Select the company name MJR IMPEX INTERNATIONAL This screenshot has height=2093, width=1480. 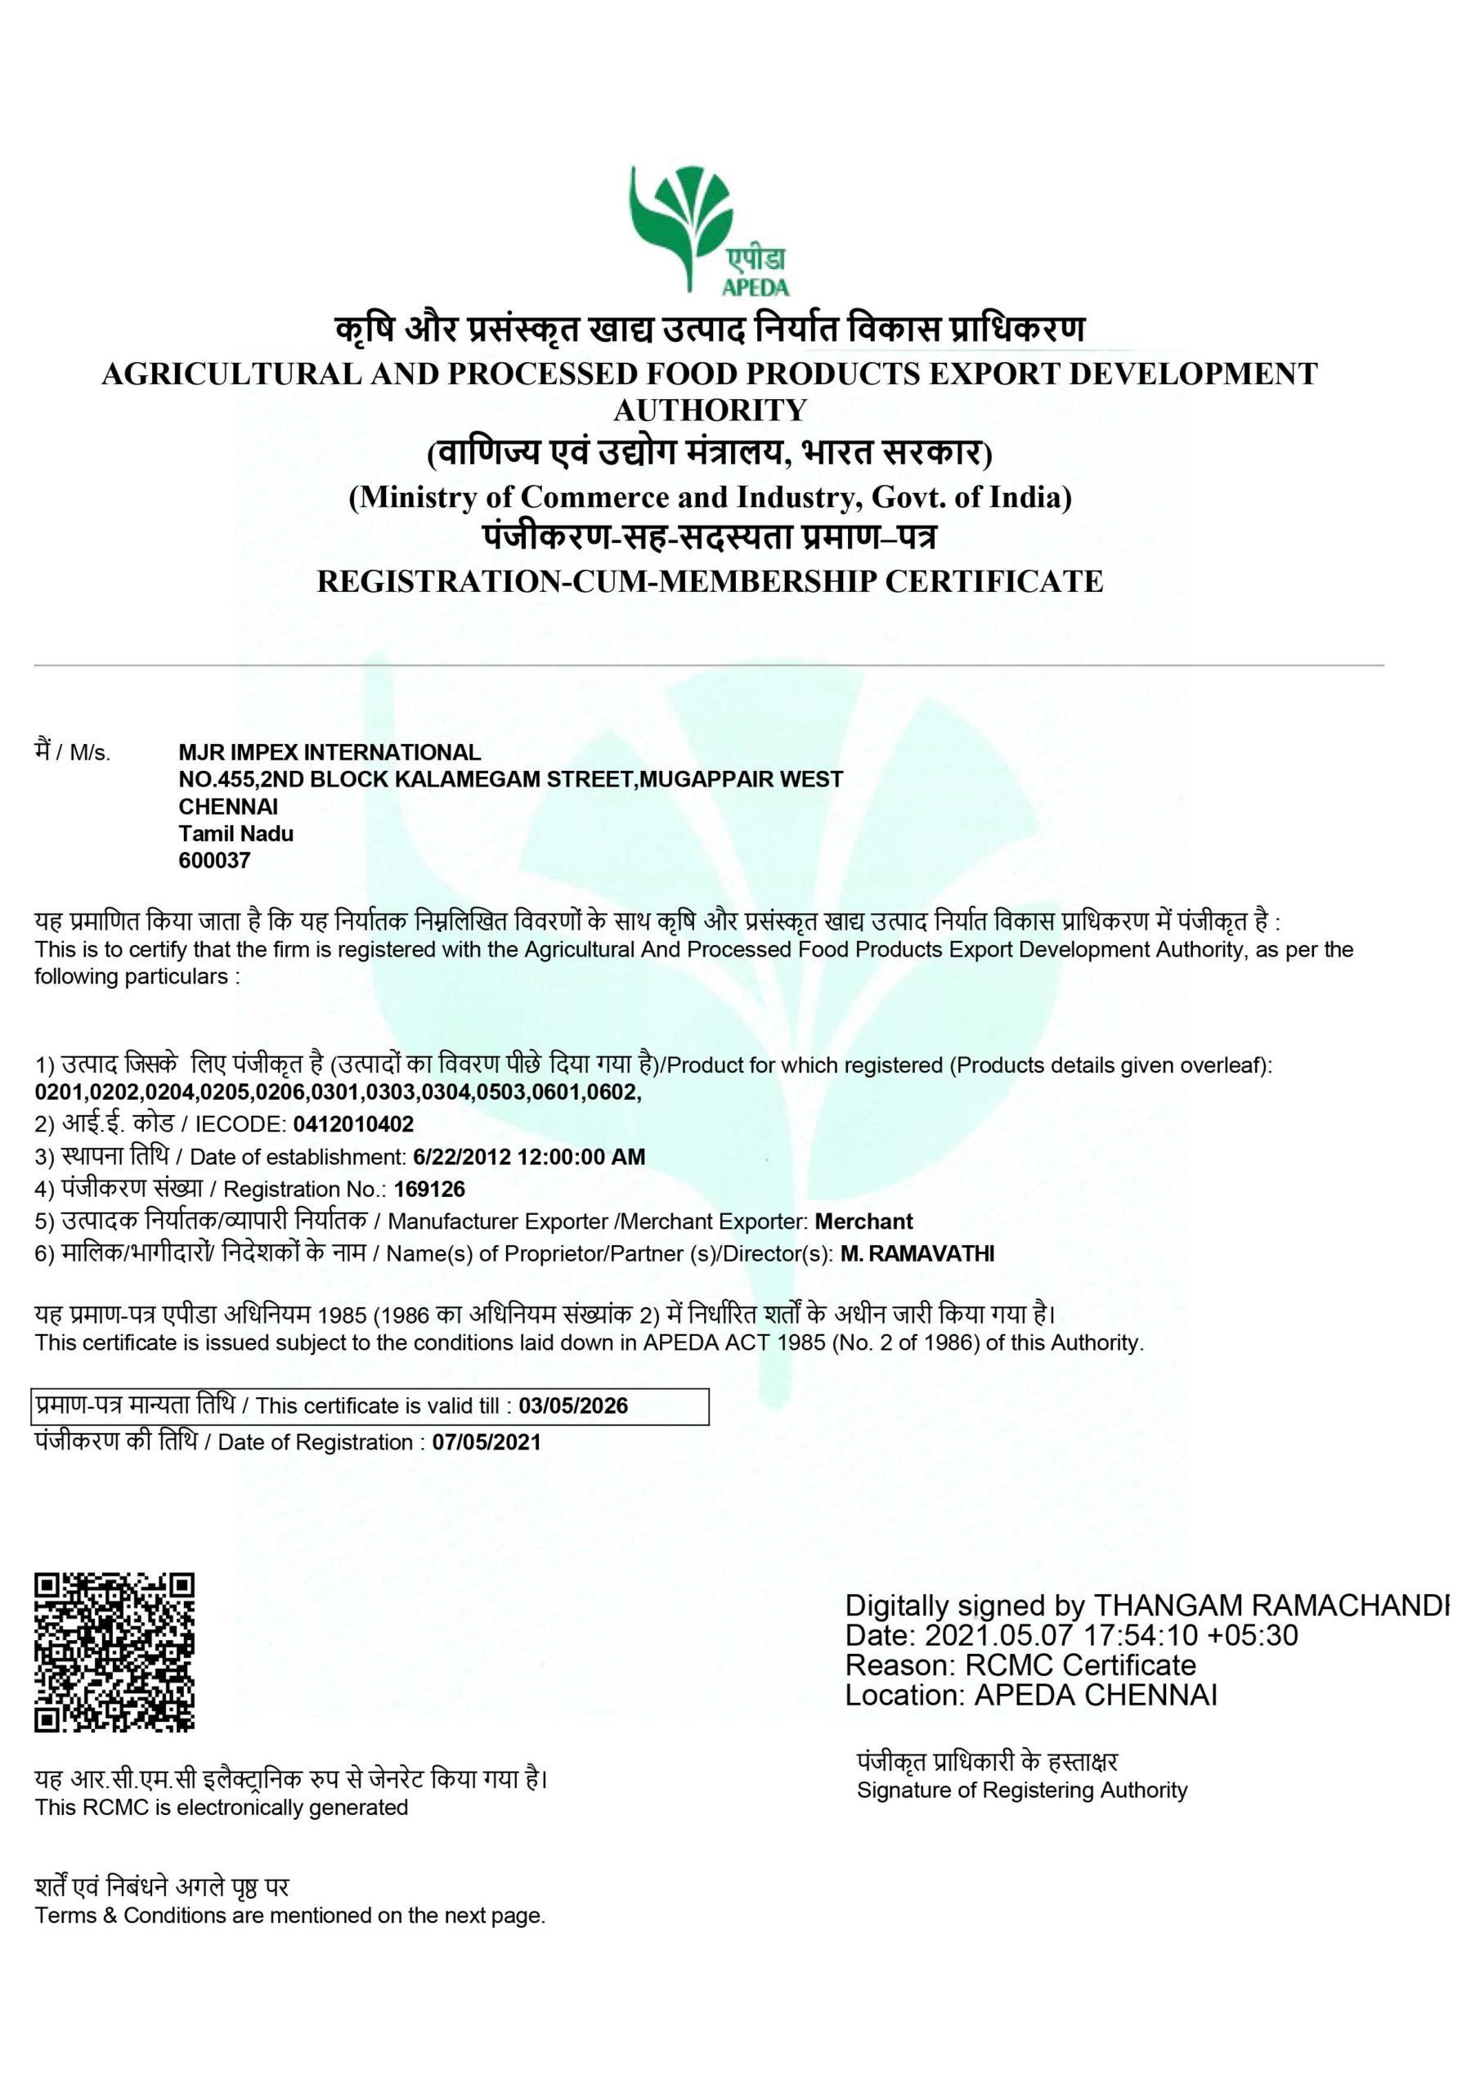pos(330,752)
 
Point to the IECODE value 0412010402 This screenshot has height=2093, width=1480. pos(353,1124)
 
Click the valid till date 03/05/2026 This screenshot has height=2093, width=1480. pos(572,1405)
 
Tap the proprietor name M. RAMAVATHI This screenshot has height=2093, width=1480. pos(917,1253)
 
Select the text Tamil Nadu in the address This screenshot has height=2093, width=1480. pos(235,833)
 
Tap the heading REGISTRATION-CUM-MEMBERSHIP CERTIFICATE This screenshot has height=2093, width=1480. pos(710,580)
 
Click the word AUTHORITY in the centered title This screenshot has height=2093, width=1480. pos(710,410)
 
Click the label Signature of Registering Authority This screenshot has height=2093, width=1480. pos(1021,1790)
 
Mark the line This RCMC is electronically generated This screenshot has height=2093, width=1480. pos(221,1807)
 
